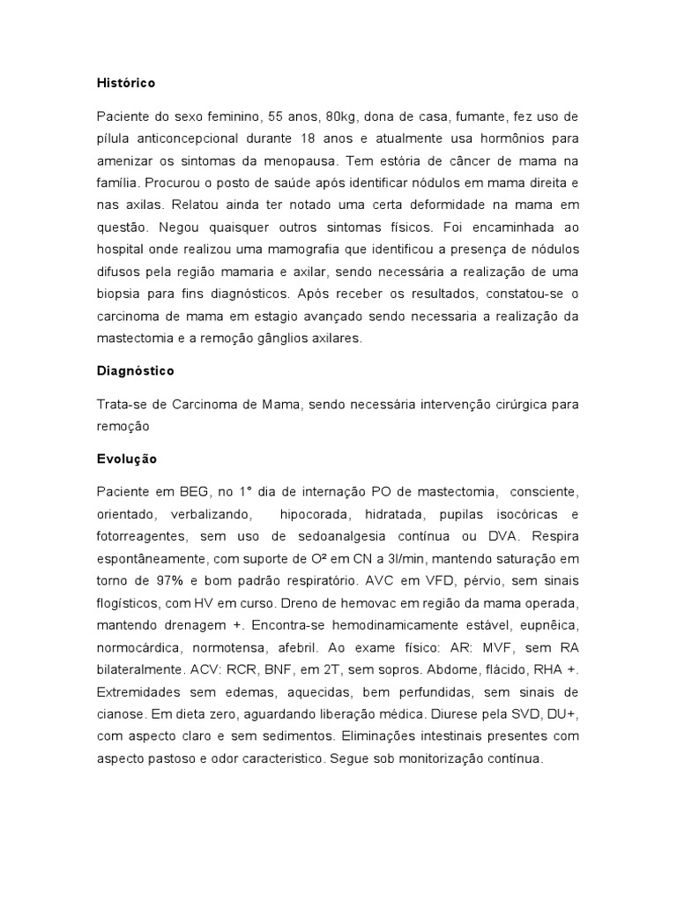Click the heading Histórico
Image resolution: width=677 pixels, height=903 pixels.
(126, 83)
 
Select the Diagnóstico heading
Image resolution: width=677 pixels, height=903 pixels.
(135, 371)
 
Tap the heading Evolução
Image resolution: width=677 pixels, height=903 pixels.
(127, 459)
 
